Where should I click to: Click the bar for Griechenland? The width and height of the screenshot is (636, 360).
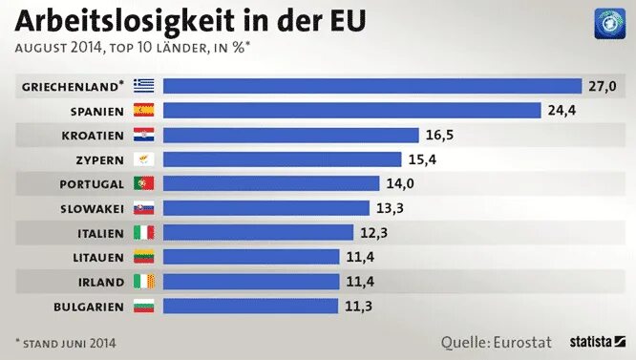click(372, 86)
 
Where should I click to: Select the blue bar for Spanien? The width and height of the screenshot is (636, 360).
click(351, 110)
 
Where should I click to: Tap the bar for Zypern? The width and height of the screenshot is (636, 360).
click(282, 159)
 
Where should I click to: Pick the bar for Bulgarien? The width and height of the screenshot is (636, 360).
click(250, 306)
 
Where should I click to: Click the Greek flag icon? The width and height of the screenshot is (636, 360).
click(144, 86)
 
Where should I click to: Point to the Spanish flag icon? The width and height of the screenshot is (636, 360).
click(144, 110)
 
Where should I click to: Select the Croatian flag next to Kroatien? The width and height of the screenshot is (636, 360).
click(144, 135)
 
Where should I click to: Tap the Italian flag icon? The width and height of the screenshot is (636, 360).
click(144, 232)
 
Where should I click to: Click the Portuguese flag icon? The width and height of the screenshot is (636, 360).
click(144, 183)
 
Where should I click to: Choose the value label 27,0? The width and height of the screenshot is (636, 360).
click(602, 86)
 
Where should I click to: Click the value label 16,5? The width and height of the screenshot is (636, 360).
click(439, 135)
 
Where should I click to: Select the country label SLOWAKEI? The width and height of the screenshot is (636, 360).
click(93, 208)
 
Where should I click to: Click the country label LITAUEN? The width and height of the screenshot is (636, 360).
click(98, 257)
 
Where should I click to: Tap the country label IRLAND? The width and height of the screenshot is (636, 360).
click(101, 282)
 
